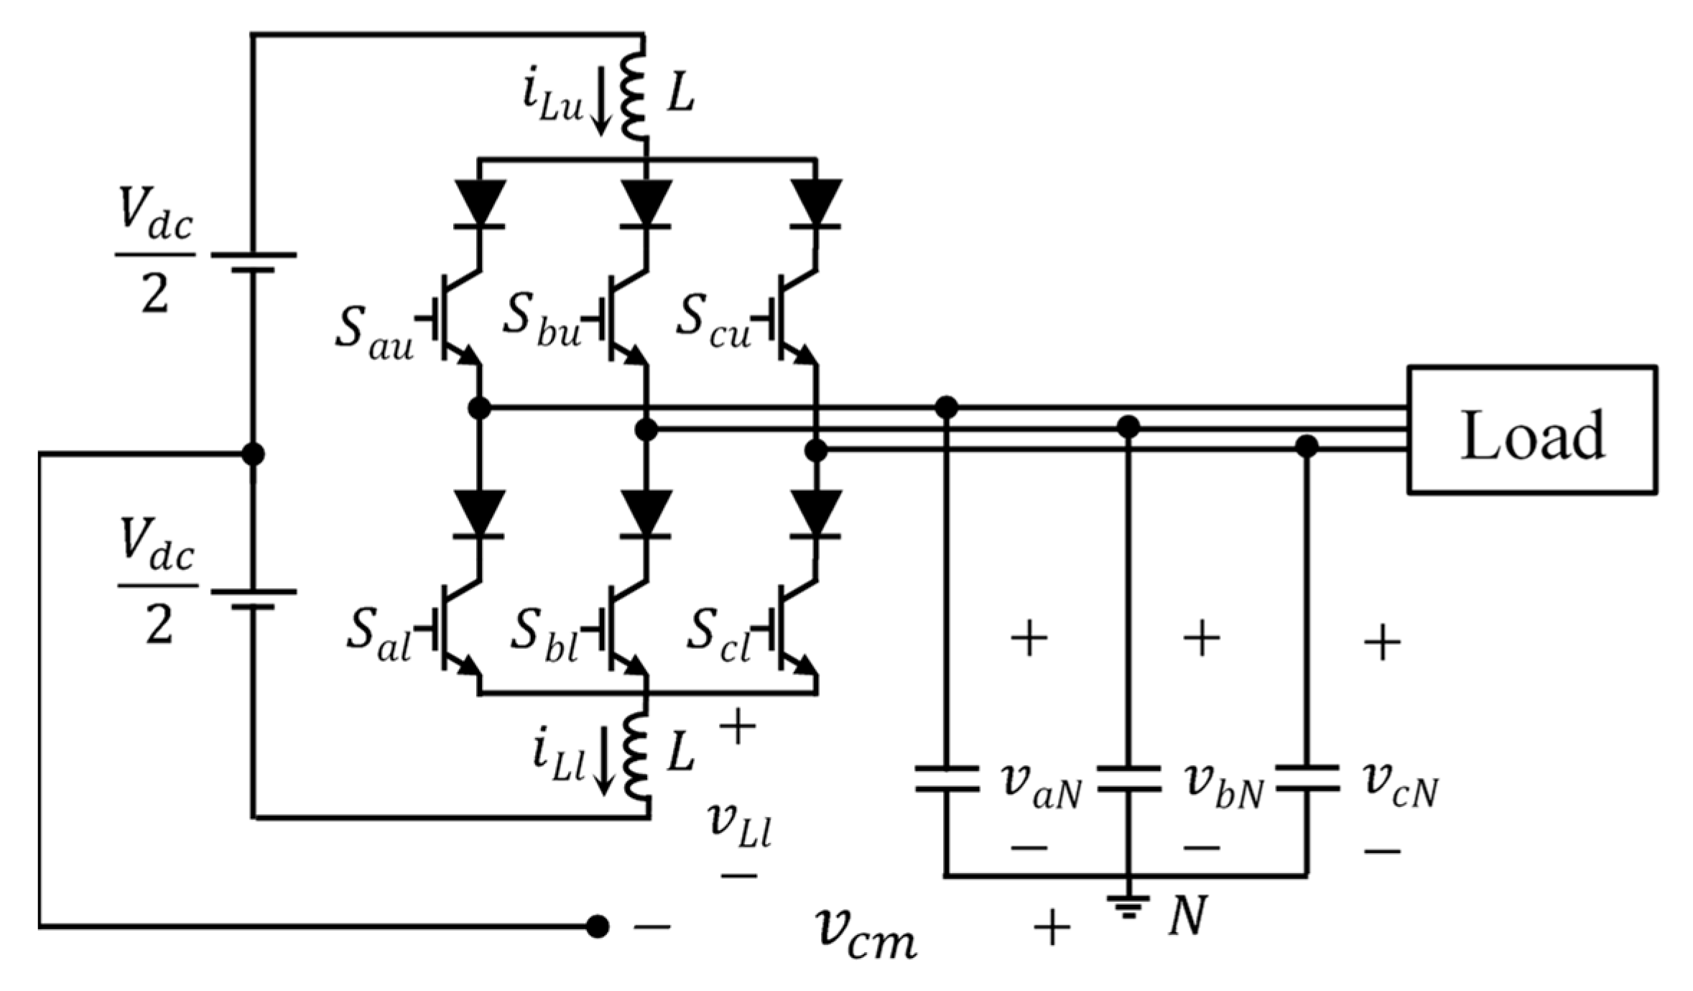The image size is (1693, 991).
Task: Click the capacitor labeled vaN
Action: coord(946,778)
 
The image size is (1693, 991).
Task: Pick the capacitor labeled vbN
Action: coord(1128,778)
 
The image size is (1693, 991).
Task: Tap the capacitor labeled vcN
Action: coord(1307,778)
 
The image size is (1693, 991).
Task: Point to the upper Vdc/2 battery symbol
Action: coord(253,262)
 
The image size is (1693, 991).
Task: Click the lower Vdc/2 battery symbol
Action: coord(253,599)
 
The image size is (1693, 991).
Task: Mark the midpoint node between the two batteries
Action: coord(253,454)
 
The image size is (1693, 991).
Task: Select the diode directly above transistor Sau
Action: coord(480,203)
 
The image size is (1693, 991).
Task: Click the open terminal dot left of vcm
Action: coord(597,927)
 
